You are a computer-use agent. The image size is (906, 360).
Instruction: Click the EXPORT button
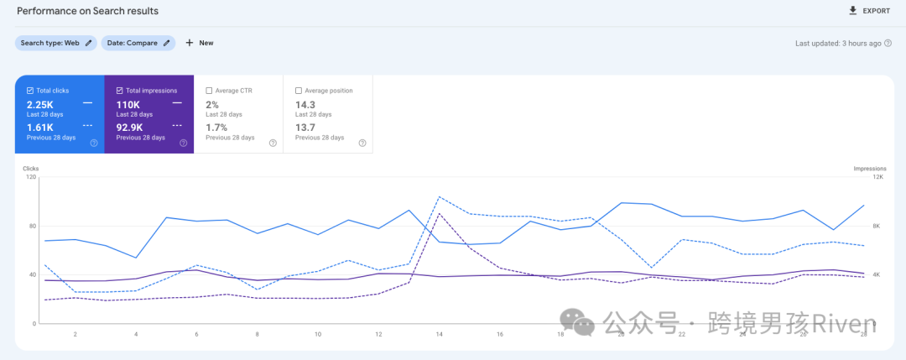(x=869, y=11)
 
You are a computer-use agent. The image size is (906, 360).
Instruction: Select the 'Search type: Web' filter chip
(x=55, y=43)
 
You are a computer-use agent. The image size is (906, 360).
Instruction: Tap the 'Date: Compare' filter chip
(x=138, y=43)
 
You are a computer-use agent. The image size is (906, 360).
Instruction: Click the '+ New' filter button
(x=200, y=43)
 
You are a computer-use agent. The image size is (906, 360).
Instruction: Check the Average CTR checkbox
(x=209, y=91)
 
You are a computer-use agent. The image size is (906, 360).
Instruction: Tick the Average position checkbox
(x=299, y=91)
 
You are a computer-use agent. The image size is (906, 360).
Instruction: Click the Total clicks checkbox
(x=30, y=91)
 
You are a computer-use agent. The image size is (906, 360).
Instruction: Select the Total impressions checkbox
(x=120, y=91)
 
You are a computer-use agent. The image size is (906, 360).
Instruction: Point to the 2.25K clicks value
(x=40, y=105)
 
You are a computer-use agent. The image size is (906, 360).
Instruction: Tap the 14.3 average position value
(x=305, y=105)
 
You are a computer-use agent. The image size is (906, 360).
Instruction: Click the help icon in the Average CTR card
(x=273, y=143)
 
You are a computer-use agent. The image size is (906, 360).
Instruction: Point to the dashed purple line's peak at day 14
(x=440, y=214)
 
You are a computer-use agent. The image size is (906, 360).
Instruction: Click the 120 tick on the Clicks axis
(x=31, y=177)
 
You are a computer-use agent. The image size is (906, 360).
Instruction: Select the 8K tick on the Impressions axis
(x=877, y=226)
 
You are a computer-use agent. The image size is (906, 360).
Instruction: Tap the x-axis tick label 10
(x=318, y=334)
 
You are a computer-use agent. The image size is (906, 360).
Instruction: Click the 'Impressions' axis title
(x=870, y=169)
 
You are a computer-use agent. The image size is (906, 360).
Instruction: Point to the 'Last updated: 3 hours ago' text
(x=838, y=43)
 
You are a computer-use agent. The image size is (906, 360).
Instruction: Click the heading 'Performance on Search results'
(x=87, y=11)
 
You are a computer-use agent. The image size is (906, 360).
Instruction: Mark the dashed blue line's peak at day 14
(x=440, y=198)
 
